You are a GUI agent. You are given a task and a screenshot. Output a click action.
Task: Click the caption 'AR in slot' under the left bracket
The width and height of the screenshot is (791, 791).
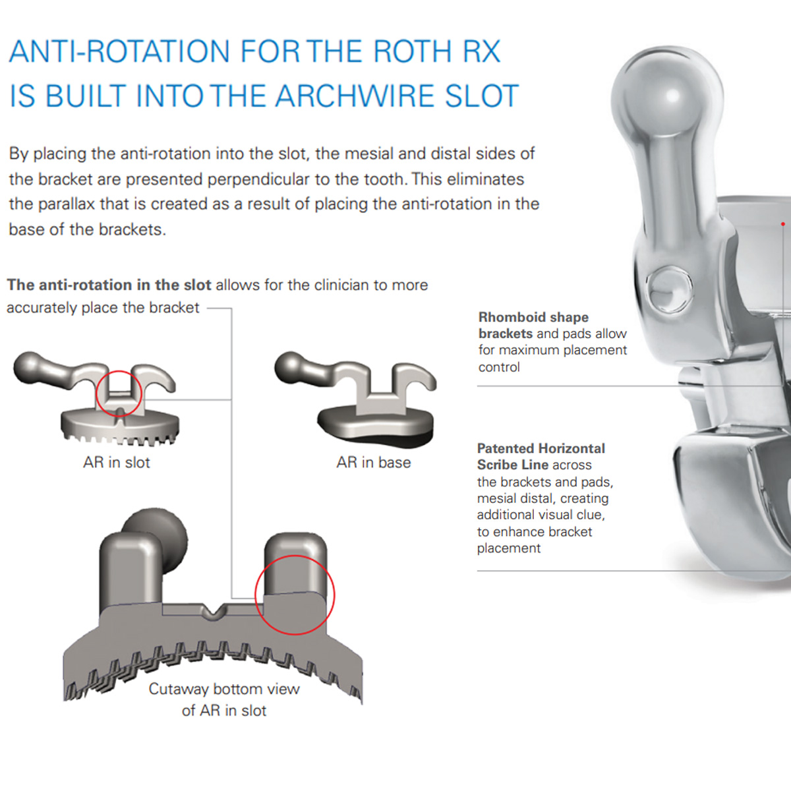pos(117,463)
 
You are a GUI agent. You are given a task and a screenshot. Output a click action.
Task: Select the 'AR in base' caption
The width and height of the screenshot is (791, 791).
pos(374,463)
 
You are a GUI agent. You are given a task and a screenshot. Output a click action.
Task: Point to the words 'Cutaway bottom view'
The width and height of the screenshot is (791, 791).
pos(224,689)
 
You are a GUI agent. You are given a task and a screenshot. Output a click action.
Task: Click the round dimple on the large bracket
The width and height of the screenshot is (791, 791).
pos(669,289)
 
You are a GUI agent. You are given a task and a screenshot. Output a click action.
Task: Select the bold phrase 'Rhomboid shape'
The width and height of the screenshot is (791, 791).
pos(534,317)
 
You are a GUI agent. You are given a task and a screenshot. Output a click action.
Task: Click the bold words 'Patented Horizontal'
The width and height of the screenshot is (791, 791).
pos(541,448)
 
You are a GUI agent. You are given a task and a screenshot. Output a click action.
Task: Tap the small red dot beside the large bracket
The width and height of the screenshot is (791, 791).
pos(783,223)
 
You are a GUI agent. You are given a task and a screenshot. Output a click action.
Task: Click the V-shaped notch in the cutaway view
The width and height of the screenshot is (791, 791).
pos(213,611)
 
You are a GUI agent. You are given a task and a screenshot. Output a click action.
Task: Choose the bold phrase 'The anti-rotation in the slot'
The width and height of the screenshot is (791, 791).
pos(109,285)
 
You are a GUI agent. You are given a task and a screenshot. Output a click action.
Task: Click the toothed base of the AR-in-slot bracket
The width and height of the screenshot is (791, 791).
pos(119,428)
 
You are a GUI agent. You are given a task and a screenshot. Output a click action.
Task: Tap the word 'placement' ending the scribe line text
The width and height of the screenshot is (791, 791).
pos(509,548)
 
